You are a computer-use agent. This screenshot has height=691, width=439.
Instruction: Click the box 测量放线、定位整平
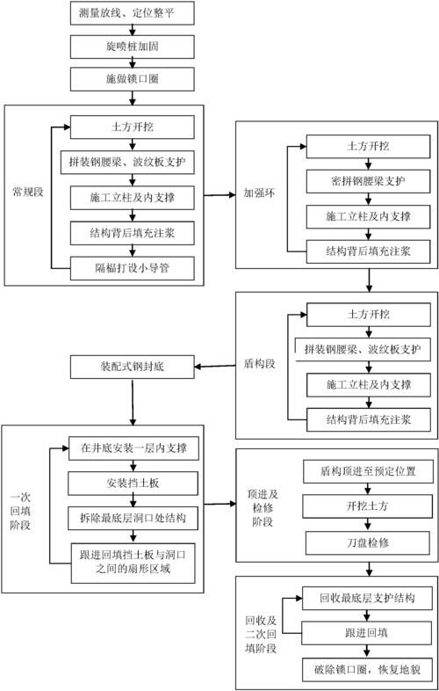click(x=132, y=14)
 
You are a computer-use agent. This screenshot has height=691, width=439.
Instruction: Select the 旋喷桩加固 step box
click(x=132, y=46)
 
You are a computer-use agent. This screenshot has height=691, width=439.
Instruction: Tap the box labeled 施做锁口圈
click(x=132, y=78)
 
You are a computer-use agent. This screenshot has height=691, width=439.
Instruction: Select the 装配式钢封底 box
click(x=132, y=364)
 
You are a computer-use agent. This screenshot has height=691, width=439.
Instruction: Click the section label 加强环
click(x=258, y=194)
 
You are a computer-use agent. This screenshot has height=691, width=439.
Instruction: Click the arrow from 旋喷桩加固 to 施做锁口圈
click(x=132, y=62)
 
